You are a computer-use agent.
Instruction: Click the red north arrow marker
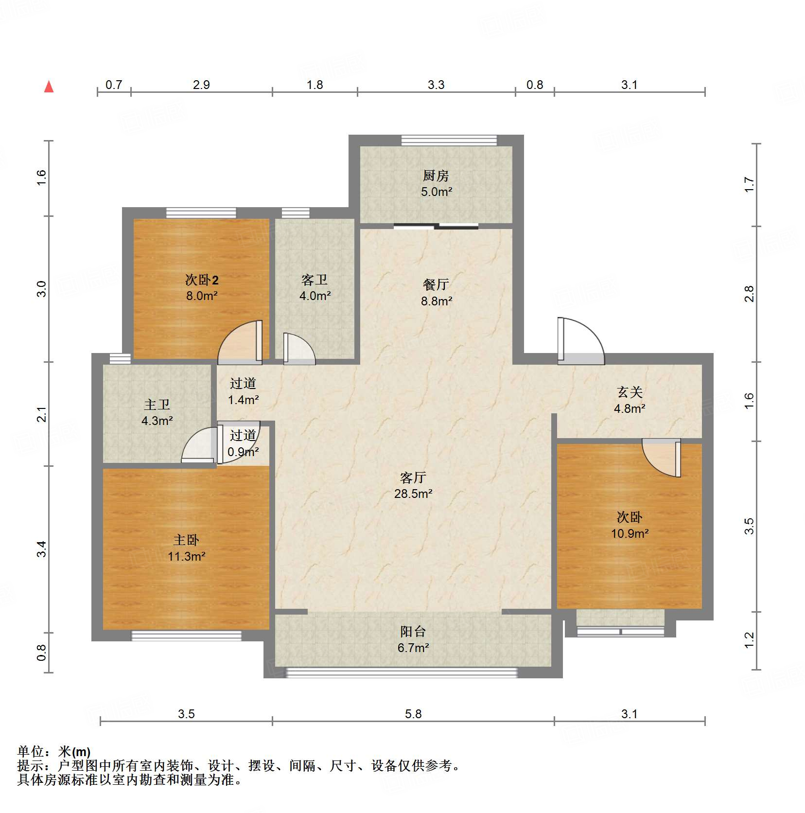click(x=49, y=87)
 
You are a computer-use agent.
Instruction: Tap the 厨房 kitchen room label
click(x=436, y=176)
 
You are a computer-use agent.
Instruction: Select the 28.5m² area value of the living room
click(x=413, y=494)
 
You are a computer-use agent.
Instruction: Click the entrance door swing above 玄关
click(x=581, y=340)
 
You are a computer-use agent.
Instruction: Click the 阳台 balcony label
click(x=413, y=632)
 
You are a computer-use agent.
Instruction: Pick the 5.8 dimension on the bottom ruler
click(x=413, y=714)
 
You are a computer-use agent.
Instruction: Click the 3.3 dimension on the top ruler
click(x=436, y=85)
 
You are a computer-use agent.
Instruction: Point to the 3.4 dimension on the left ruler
click(x=42, y=548)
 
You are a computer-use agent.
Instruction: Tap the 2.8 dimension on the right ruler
click(x=749, y=294)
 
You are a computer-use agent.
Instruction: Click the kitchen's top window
click(x=449, y=140)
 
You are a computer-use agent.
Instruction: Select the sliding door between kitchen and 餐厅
click(x=436, y=226)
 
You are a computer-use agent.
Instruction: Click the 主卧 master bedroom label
click(x=186, y=540)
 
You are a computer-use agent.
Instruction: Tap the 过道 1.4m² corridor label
click(x=243, y=384)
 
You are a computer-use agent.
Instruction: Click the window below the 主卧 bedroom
click(x=186, y=636)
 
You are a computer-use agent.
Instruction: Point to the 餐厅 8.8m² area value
click(x=437, y=301)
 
